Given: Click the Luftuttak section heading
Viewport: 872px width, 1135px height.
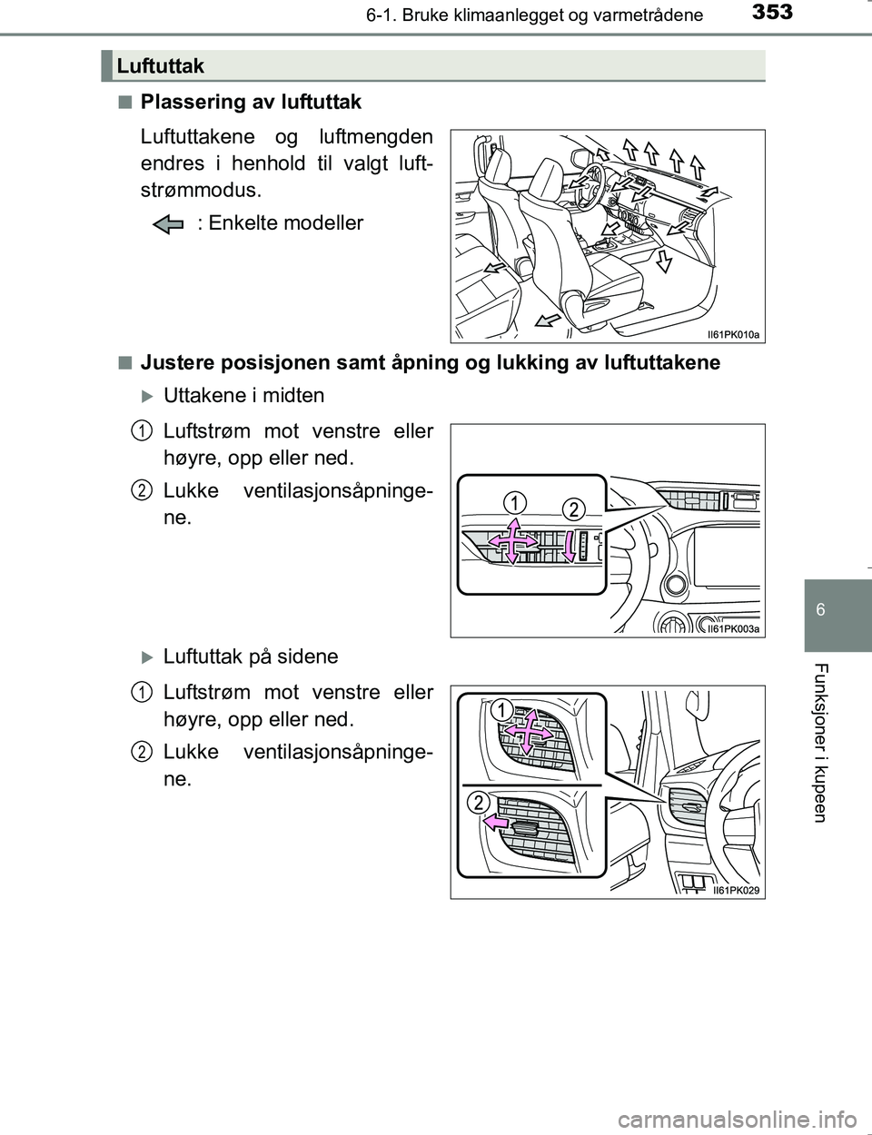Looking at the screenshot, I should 161,65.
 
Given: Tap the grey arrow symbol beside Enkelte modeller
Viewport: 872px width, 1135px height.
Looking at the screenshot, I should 169,223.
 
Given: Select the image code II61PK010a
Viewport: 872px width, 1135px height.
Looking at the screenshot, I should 732,334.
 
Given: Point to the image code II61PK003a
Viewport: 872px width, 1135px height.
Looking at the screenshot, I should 732,627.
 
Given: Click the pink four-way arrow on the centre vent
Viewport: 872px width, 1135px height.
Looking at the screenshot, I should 511,542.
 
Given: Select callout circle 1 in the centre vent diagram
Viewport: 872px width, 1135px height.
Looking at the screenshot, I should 514,501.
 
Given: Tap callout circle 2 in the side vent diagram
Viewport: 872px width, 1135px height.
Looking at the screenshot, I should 480,801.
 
